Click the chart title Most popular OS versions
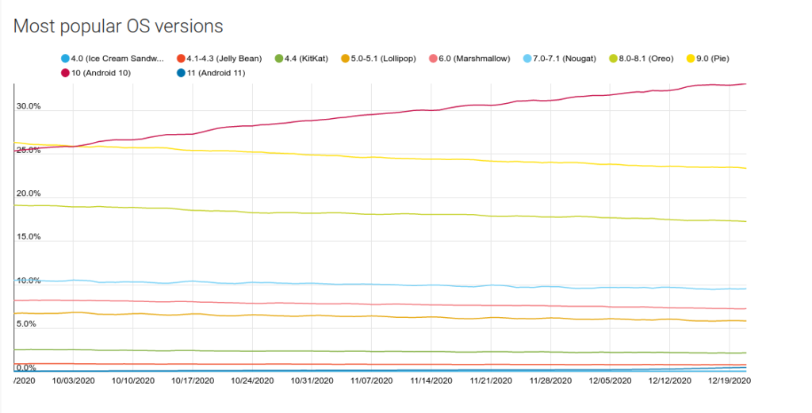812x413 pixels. (118, 26)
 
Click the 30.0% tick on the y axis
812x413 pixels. (28, 106)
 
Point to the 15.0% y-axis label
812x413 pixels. (28, 237)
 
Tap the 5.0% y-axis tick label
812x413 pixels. (26, 324)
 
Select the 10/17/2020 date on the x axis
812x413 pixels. (192, 380)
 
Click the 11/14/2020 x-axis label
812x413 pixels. (431, 380)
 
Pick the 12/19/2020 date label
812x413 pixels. (730, 380)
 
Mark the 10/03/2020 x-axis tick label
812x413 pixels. (73, 380)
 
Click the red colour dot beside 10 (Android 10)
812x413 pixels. (65, 73)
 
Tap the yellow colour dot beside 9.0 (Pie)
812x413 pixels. (690, 59)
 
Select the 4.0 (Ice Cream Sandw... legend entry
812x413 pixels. (115, 59)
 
